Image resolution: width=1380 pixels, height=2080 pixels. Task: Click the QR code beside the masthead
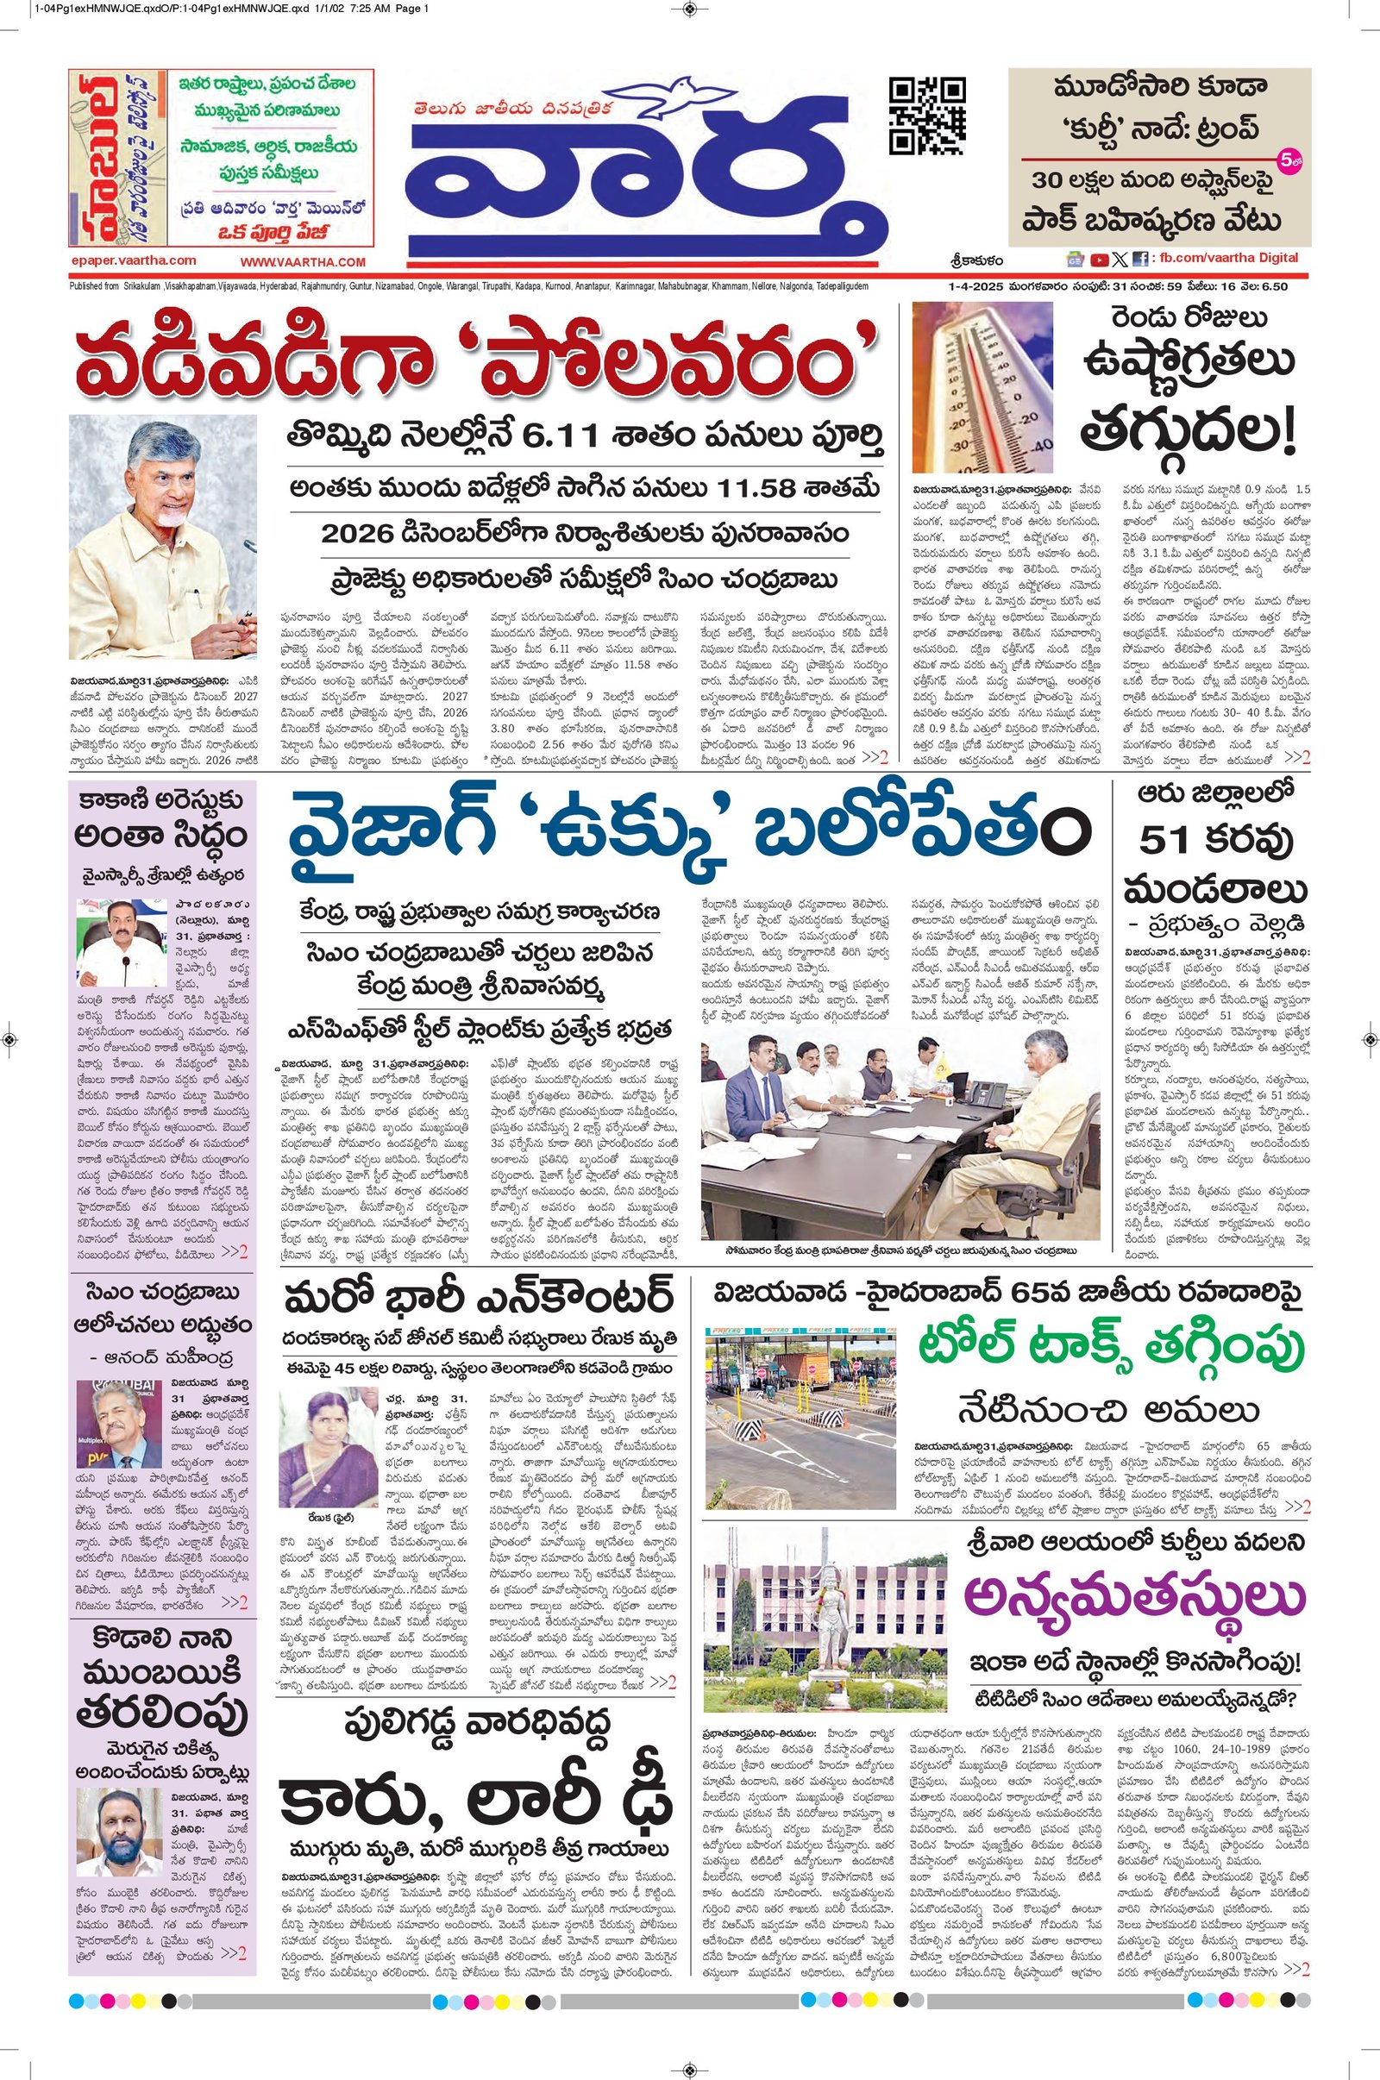click(925, 116)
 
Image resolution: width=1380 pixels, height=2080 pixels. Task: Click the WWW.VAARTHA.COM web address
click(303, 262)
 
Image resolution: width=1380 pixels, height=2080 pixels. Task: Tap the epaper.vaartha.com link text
click(134, 260)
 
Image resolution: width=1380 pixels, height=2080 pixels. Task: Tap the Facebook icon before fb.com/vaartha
click(1140, 260)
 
